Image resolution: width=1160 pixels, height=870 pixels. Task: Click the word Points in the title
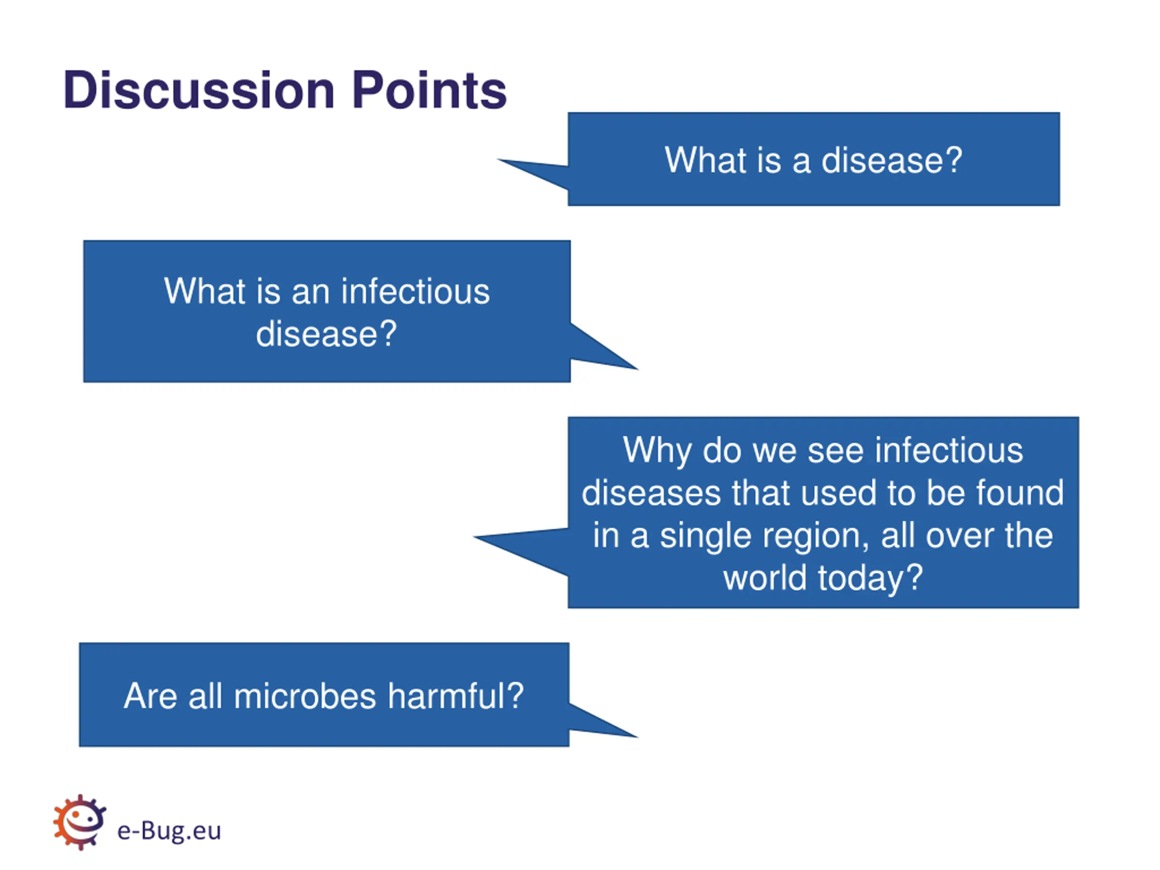tap(430, 90)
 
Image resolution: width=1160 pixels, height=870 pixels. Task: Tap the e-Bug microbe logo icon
tap(80, 822)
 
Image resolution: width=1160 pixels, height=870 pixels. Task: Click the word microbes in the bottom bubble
tap(304, 696)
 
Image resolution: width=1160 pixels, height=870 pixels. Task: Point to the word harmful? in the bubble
tap(456, 696)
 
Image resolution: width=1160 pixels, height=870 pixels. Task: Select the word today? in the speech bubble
tap(870, 578)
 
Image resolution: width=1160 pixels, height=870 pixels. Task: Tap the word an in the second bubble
tap(310, 292)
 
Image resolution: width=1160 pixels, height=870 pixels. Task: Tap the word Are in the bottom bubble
tap(150, 696)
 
